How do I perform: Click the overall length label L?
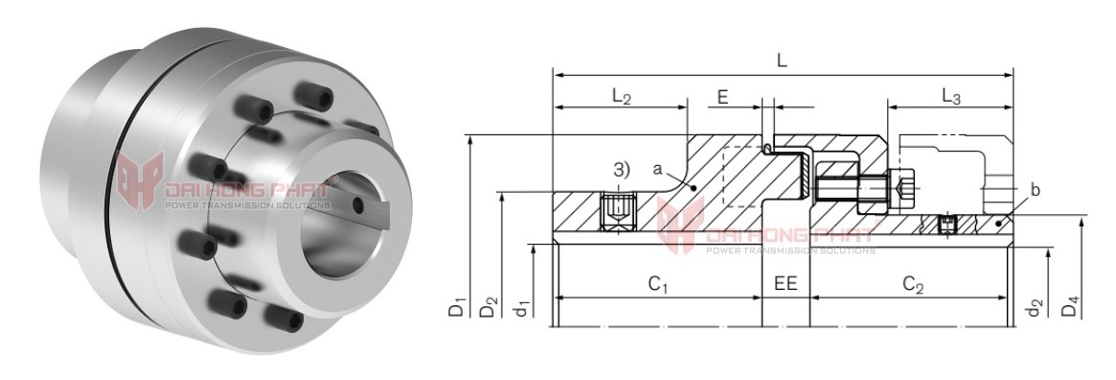[x=782, y=60]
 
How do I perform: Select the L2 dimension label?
[x=621, y=98]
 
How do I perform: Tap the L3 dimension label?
[x=951, y=98]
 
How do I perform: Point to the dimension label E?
[x=722, y=97]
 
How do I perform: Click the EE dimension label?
[x=786, y=284]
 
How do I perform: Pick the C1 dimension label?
[x=657, y=285]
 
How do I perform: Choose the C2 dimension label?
[x=913, y=285]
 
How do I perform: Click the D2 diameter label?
[x=489, y=308]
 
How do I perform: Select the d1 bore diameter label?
[x=522, y=308]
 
